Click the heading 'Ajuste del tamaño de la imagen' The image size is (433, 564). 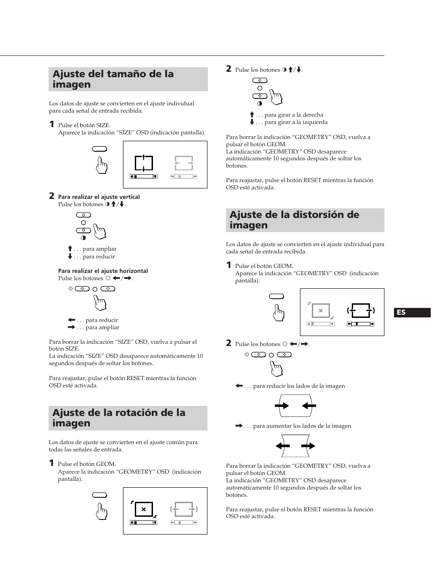pos(113,79)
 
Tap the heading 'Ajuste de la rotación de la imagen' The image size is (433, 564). pos(119,418)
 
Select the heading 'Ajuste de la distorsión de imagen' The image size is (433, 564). pos(294,220)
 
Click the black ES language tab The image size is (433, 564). pos(413,312)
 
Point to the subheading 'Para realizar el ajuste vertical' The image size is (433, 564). pos(99,197)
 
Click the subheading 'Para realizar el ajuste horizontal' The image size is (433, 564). pos(103,271)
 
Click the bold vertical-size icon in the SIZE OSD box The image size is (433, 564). pos(143,163)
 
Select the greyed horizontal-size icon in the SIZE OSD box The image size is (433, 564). pos(184,163)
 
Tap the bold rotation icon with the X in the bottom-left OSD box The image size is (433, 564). pos(143,510)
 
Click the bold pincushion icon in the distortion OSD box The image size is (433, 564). pos(361,311)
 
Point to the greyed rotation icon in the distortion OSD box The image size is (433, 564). pos(320,311)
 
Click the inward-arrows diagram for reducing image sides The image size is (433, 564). pos(295,406)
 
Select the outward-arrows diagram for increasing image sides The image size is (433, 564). pos(295,446)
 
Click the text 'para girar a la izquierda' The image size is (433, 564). pos(295,122)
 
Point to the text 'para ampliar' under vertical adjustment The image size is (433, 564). pos(99,249)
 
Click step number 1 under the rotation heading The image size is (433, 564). pos(52,463)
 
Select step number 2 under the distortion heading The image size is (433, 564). pos(229,343)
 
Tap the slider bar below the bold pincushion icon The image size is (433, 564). pos(361,324)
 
